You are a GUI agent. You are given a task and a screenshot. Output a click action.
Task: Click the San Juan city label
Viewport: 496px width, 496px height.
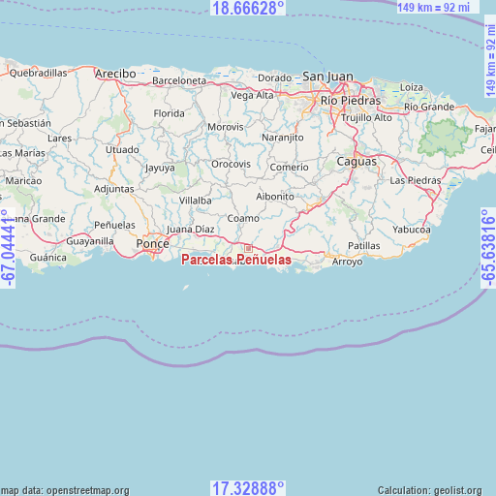click(328, 76)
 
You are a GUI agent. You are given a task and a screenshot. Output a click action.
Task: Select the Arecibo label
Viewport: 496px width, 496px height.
click(115, 74)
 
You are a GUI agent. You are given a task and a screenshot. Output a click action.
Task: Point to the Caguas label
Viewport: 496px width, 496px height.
click(356, 162)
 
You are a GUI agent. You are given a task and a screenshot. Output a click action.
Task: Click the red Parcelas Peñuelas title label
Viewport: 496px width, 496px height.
click(235, 261)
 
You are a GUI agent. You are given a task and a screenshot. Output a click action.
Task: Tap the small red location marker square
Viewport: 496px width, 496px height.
click(248, 248)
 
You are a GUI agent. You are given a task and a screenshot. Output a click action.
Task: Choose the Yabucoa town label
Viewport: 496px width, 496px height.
click(412, 230)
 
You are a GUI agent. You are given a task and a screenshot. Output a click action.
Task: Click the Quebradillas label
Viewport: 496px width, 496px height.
click(38, 73)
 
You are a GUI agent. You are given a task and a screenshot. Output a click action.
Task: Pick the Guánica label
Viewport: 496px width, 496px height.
click(48, 258)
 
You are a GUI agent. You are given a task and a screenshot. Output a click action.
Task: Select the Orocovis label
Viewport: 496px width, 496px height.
click(232, 165)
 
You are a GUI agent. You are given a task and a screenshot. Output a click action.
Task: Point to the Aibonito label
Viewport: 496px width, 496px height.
click(275, 196)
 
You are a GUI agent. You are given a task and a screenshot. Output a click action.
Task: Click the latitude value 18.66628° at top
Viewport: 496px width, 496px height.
click(248, 8)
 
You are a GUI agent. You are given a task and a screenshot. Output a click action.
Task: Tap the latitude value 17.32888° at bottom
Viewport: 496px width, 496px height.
click(248, 487)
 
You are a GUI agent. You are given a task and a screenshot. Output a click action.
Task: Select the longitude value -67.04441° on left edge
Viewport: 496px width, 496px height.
click(9, 248)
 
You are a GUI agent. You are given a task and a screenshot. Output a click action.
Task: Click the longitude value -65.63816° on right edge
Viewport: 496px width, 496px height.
click(487, 248)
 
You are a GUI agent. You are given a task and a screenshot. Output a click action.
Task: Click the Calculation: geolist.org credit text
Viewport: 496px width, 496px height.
click(435, 490)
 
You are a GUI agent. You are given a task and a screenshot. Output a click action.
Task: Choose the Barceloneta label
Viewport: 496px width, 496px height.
click(179, 80)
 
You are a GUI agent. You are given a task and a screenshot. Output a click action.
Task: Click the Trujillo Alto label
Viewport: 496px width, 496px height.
click(367, 117)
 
